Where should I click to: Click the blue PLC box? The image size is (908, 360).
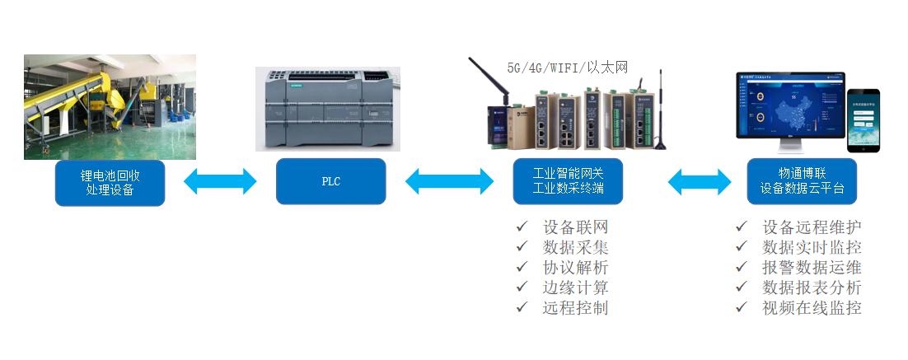[330, 182]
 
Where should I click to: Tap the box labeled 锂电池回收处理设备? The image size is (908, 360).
[110, 183]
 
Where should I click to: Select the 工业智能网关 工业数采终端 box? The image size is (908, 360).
[568, 182]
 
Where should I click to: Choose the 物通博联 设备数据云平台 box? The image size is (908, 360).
[801, 182]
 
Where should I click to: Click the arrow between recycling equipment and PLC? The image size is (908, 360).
[220, 182]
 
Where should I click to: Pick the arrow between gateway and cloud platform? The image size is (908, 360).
[700, 182]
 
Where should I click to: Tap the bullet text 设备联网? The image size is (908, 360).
[575, 227]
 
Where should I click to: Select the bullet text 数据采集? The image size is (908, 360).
[575, 247]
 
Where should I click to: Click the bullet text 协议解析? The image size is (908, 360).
[575, 267]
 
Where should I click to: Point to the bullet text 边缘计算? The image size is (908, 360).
[575, 288]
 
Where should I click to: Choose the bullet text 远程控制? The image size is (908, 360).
[575, 307]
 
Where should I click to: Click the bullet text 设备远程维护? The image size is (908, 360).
[812, 227]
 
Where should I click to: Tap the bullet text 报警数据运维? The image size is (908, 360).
[812, 267]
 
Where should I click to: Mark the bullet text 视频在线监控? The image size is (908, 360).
[812, 307]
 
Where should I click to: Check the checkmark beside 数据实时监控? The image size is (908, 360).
[742, 246]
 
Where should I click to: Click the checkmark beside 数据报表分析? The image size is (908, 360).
[742, 287]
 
